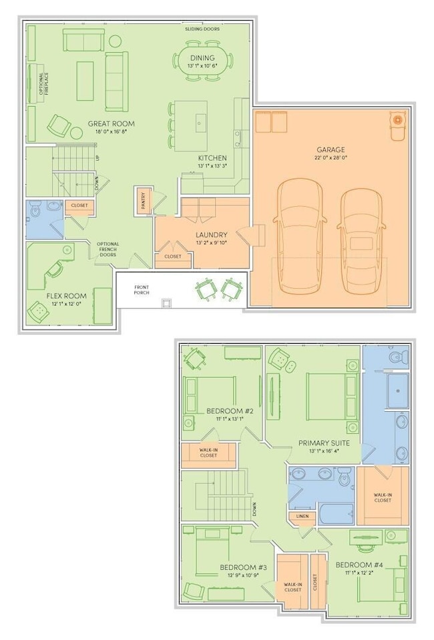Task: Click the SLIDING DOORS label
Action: point(202,29)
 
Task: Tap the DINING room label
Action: point(202,58)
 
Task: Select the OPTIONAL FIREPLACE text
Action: point(43,83)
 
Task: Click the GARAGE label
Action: point(331,149)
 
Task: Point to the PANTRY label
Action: point(144,201)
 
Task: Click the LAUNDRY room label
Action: point(212,235)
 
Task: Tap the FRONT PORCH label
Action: point(142,290)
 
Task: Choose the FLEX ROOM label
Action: point(66,296)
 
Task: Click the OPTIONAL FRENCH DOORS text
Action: point(107,250)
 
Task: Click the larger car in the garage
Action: point(300,236)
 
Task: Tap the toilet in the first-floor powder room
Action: point(34,209)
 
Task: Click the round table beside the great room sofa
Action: point(115,41)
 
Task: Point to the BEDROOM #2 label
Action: point(230,411)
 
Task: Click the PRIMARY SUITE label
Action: point(324,443)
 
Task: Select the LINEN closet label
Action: point(302,517)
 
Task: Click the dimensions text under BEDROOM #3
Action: point(244,575)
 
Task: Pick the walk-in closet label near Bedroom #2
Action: point(208,452)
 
